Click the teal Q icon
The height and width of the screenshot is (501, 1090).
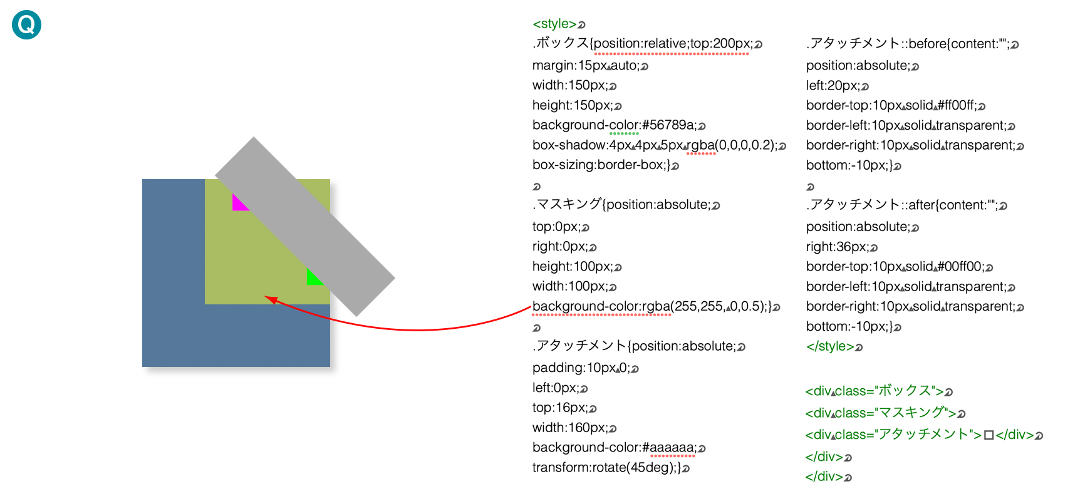click(26, 24)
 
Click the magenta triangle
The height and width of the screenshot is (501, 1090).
click(238, 204)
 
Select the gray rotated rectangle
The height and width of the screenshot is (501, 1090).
click(305, 226)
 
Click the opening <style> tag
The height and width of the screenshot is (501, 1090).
click(554, 24)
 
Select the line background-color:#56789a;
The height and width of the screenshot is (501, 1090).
click(614, 125)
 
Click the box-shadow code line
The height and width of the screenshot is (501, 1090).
click(655, 145)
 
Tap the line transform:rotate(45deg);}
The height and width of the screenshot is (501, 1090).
click(606, 468)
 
